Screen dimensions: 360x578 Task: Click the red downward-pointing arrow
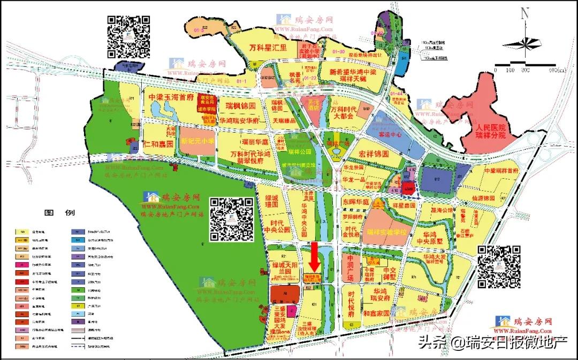(315, 257)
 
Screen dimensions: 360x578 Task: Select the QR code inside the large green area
(231, 219)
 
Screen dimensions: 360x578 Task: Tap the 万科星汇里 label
(269, 48)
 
